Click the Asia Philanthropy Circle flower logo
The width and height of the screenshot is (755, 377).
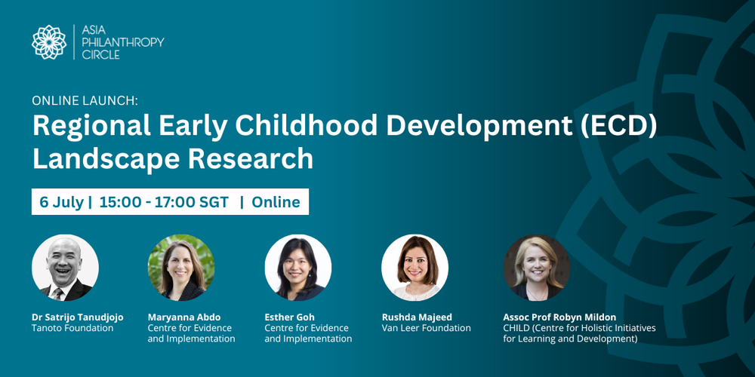pos(49,42)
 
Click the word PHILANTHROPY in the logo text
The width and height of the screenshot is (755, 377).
pos(122,42)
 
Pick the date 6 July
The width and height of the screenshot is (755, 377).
pos(61,202)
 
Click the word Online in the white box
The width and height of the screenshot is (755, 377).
pos(276,202)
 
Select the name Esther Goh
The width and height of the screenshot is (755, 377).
pos(289,317)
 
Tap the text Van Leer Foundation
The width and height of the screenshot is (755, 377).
pos(426,329)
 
